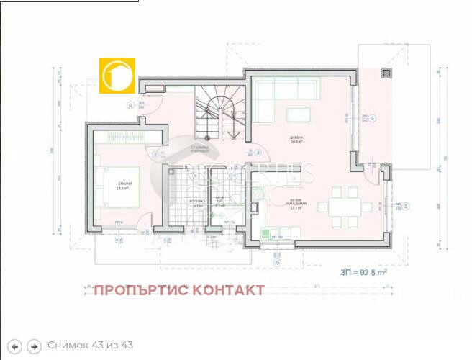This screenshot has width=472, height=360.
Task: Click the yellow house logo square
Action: tap(117, 74)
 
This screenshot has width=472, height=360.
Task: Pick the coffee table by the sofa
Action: tap(296, 114)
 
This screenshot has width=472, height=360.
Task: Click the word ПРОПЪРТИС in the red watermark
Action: tap(137, 290)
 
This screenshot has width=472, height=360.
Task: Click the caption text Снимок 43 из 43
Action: tap(90, 346)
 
